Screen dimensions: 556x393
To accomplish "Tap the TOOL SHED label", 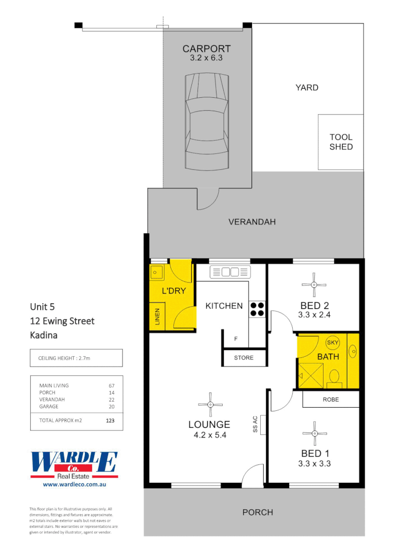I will click(341, 142).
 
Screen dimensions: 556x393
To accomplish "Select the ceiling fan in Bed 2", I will click(313, 284).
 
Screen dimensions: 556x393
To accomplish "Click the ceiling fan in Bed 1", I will click(313, 434).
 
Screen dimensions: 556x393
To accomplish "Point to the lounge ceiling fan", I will click(210, 405).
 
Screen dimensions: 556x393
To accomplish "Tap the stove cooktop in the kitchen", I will click(257, 307).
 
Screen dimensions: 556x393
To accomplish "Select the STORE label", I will click(243, 357).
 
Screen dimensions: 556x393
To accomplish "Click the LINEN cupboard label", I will click(157, 317).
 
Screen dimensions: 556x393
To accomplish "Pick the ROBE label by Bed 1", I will click(330, 399).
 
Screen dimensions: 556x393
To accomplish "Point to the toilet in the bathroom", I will click(334, 377).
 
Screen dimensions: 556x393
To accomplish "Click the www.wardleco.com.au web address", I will click(74, 484).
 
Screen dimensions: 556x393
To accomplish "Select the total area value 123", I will click(110, 420).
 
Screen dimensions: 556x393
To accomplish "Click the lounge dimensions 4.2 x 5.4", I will click(209, 435).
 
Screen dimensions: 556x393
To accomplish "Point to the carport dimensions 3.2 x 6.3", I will click(206, 58).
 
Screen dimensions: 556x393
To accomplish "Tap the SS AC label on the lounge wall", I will click(255, 424).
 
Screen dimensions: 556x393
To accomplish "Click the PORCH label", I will click(258, 512).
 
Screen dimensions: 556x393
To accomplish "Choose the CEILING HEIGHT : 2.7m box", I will click(76, 358).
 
